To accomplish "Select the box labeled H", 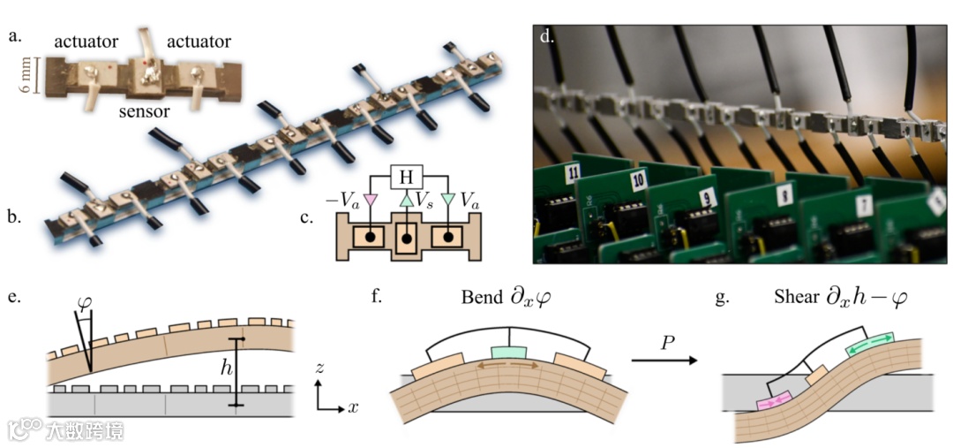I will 406,177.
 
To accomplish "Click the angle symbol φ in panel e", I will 85,301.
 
